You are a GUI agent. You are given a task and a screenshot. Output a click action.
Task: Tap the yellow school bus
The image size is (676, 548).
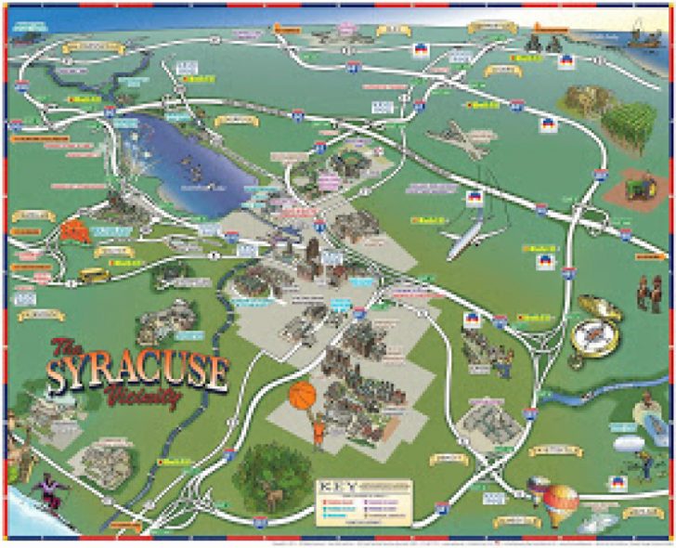click(x=93, y=276)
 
